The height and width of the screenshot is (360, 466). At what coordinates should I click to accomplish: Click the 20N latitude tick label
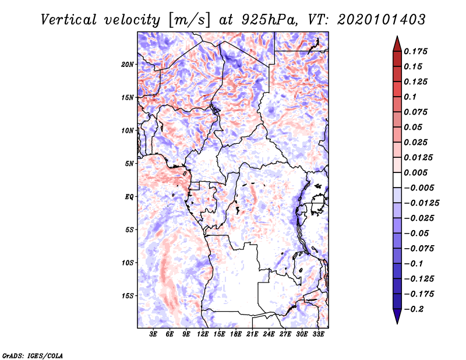coord(128,64)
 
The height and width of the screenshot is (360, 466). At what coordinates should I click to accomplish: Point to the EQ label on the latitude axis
coord(129,196)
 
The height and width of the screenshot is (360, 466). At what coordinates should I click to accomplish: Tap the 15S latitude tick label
coord(128,295)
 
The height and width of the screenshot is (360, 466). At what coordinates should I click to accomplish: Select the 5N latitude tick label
coord(129,163)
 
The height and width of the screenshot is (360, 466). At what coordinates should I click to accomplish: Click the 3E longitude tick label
coord(154,334)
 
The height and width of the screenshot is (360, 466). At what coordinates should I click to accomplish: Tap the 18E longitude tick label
coord(236,334)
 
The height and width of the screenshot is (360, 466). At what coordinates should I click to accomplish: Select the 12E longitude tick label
coord(203,334)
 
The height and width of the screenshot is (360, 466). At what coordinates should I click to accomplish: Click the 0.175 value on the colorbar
coord(417,51)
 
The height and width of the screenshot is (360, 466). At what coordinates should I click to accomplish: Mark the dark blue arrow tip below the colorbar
coord(397,318)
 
